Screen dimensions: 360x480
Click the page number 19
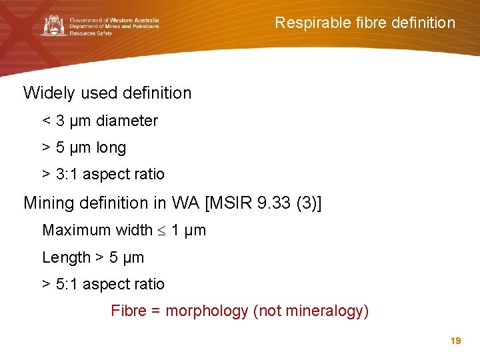pos(456,341)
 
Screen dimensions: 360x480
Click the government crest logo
pos(54,26)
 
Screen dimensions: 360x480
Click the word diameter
pos(127,121)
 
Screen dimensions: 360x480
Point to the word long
pos(111,147)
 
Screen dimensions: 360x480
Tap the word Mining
pos(49,203)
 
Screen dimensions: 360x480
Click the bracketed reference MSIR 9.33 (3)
pos(264,203)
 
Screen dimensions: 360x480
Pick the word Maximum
pos(73,230)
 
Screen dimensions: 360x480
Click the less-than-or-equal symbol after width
pos(161,231)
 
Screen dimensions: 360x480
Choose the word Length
pos(66,257)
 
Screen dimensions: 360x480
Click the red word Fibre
pos(127,311)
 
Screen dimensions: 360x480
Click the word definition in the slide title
pos(418,23)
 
